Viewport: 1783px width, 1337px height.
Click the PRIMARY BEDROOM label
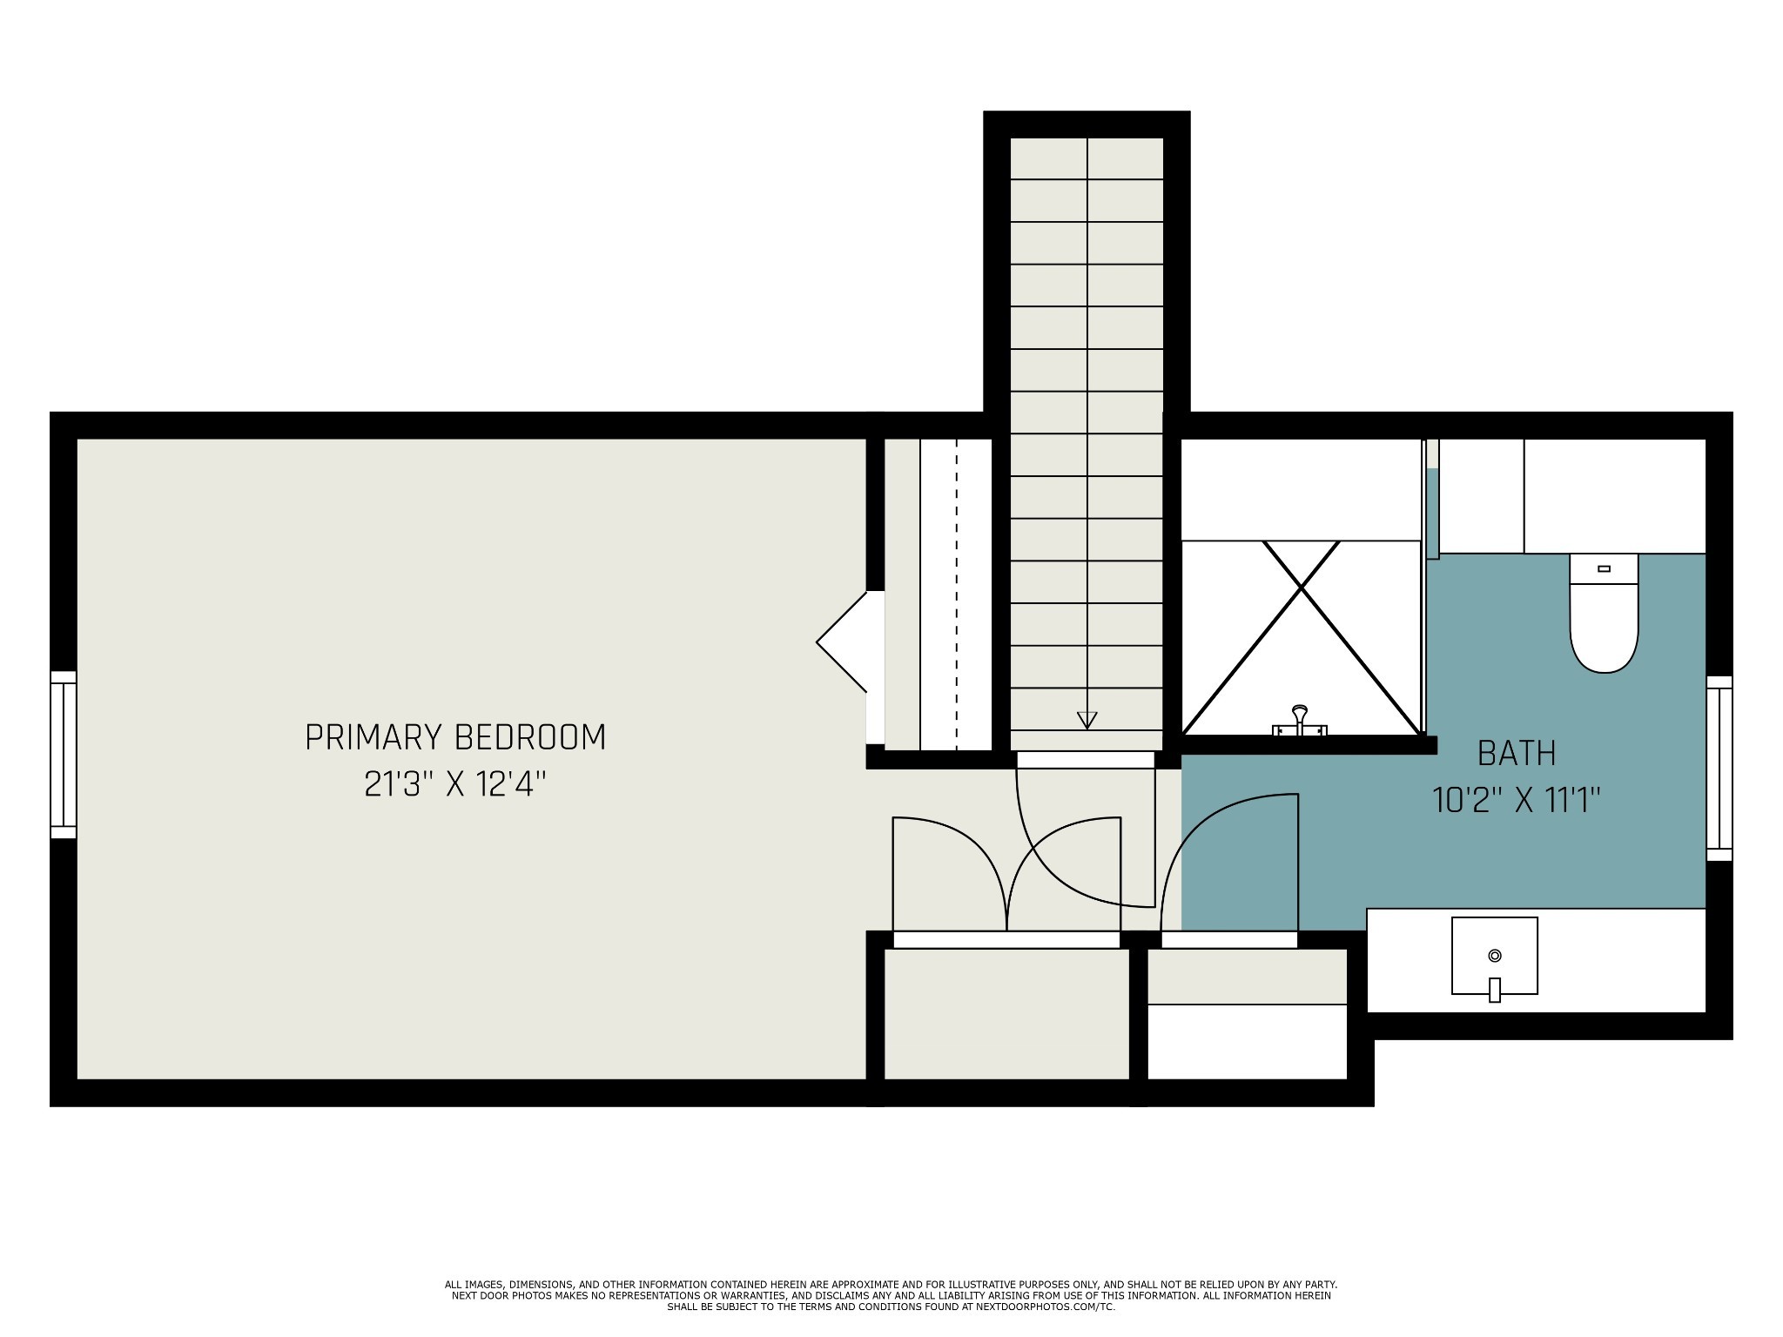tap(455, 737)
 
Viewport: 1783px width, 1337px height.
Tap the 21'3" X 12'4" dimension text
tap(455, 784)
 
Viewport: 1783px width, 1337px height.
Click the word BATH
tap(1517, 753)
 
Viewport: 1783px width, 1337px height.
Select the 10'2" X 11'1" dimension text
tap(1517, 800)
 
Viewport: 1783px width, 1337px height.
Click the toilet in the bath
tap(1604, 613)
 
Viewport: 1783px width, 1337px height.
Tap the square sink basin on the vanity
tap(1494, 956)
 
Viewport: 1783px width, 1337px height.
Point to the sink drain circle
tap(1495, 956)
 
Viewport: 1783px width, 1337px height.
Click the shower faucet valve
tap(1300, 721)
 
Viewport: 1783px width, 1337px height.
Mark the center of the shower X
tap(1301, 588)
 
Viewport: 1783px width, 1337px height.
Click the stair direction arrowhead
tap(1087, 720)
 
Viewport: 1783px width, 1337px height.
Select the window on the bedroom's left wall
tap(64, 755)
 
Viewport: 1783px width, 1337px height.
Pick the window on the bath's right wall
tap(1719, 769)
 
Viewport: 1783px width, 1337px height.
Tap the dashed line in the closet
tap(957, 595)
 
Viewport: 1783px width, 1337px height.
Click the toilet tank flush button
tap(1605, 568)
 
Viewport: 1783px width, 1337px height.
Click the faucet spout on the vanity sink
tap(1495, 990)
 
